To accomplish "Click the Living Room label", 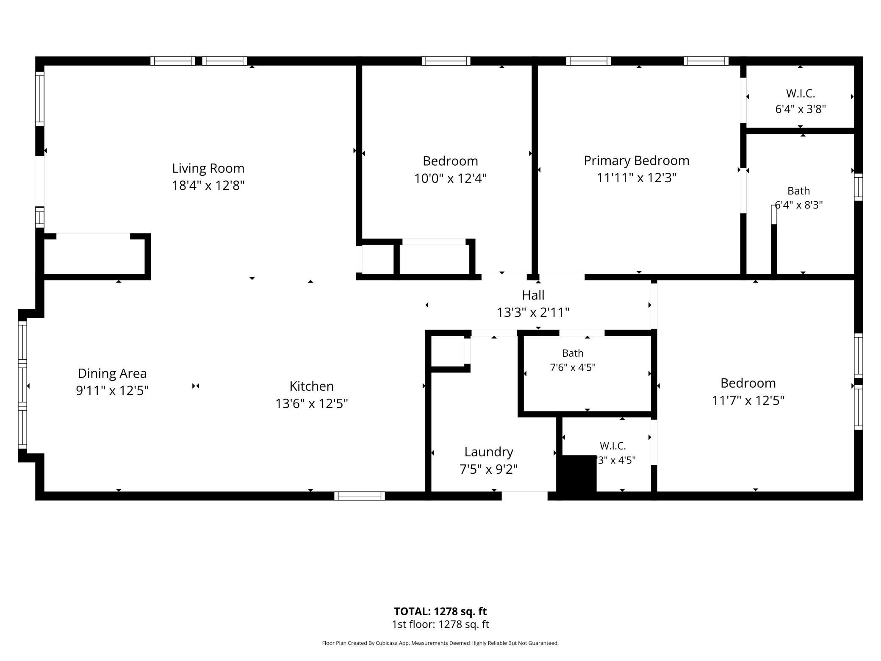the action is [x=208, y=168].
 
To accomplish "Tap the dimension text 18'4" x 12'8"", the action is [x=208, y=186].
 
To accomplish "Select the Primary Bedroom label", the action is [x=636, y=161].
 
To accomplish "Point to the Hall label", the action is [x=533, y=295].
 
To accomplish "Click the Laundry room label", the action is [x=489, y=452].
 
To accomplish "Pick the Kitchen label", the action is [x=311, y=386].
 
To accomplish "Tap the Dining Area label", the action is [x=112, y=373].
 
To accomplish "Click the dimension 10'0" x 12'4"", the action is [x=450, y=178].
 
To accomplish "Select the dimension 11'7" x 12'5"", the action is [x=748, y=400].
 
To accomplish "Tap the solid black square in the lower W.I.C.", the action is [x=578, y=474].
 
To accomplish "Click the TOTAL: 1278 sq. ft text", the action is [x=440, y=611].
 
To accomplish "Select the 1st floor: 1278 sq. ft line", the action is [x=440, y=624].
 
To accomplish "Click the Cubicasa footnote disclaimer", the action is [x=440, y=643].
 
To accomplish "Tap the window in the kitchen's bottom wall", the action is [x=359, y=496].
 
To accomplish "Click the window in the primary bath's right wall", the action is [x=858, y=187].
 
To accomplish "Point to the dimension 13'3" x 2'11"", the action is [x=533, y=313].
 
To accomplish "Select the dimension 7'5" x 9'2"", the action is [x=489, y=469].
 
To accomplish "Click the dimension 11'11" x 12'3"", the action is [x=636, y=178].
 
